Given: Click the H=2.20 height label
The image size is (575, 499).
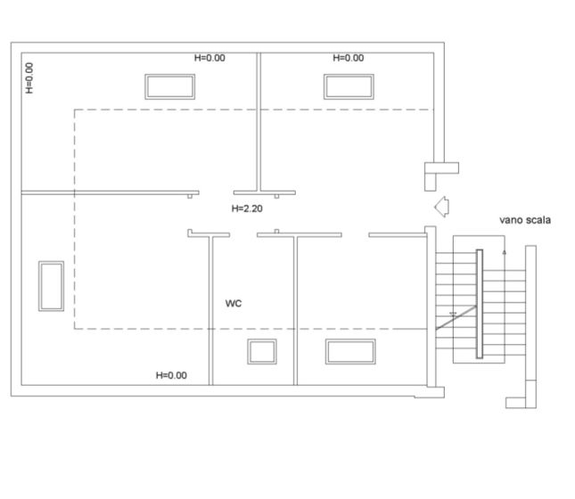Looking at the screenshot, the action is point(247,209).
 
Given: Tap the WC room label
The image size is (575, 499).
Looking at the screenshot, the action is point(234,303).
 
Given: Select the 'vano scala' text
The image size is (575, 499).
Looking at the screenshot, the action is point(525,220).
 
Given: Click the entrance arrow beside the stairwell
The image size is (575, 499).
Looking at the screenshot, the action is point(441,207).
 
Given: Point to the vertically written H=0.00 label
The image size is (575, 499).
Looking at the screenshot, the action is point(29,78).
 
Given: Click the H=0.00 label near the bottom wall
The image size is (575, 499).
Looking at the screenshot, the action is point(171,375).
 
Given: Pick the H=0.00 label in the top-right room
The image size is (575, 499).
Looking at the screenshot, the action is point(348,58).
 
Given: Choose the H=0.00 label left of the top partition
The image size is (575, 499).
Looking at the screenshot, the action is point(209,58).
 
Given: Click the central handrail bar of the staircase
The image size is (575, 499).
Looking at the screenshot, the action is point(480,304).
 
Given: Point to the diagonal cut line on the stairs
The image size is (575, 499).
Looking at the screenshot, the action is point(456,317).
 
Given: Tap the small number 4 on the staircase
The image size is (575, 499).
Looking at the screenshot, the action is point(505,252).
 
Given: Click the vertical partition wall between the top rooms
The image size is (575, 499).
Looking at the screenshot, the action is point(259,122).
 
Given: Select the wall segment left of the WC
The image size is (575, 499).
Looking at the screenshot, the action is point(211,311).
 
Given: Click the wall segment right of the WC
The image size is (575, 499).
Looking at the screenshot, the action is point(296,311).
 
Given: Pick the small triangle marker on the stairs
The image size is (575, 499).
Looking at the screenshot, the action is point(453,314).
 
